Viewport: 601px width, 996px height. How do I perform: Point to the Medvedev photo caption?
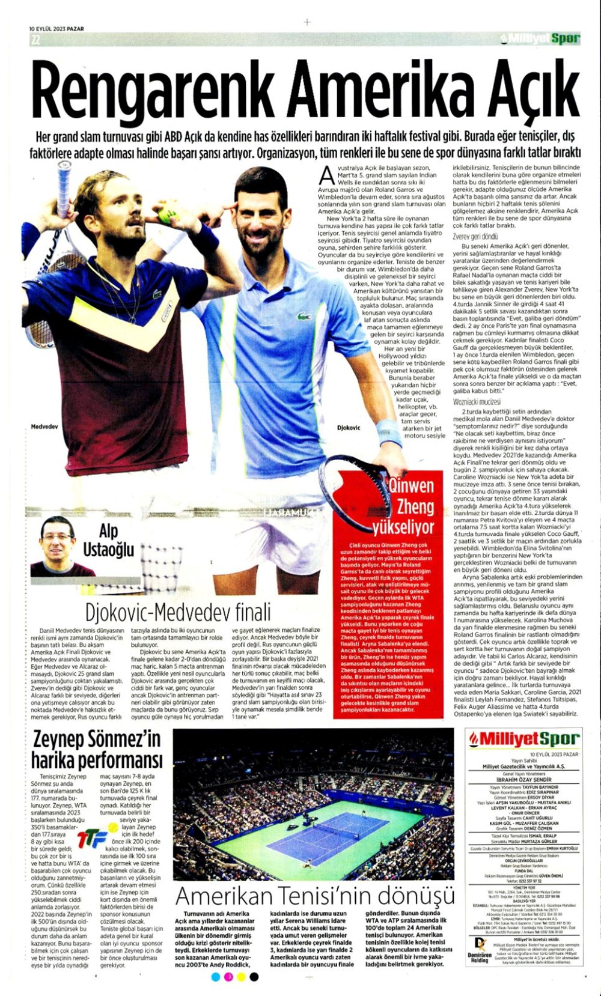coord(44,427)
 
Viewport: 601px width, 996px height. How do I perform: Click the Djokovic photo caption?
coord(348,428)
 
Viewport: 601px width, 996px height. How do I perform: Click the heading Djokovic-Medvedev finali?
coord(178,612)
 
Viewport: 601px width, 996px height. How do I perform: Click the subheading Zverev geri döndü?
coord(475,237)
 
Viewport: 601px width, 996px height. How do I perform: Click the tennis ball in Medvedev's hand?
coord(166,214)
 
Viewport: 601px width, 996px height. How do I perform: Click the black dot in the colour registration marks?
coord(254,977)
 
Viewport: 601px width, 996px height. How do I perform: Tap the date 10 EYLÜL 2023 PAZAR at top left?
coord(56,28)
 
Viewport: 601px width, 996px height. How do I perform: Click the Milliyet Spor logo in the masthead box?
coord(523,739)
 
